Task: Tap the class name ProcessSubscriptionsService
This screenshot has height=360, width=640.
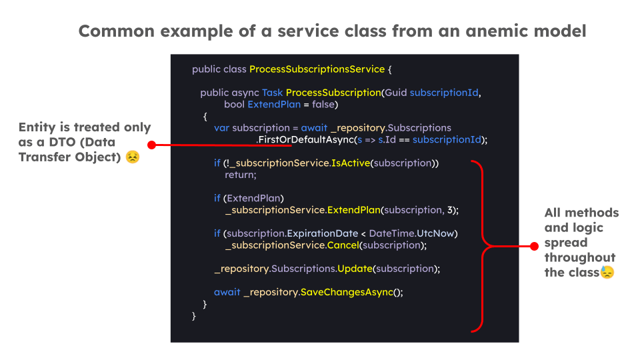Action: (x=317, y=69)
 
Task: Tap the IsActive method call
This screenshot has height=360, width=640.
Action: (x=350, y=163)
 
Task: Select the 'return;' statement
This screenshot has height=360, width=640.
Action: (x=241, y=175)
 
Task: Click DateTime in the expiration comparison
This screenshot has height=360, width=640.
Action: (x=391, y=233)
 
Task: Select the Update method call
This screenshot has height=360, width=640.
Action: (x=355, y=269)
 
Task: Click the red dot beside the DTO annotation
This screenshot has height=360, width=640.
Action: (x=151, y=145)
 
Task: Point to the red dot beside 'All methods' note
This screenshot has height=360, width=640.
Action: (x=533, y=246)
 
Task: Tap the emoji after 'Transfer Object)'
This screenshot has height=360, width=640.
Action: (x=133, y=157)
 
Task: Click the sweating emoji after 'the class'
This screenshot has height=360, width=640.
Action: (x=607, y=272)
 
